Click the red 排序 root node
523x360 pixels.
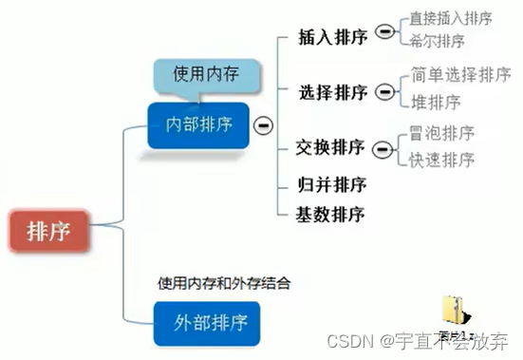coord(47,230)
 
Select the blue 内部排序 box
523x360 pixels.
coord(198,124)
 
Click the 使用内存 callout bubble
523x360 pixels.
coord(201,73)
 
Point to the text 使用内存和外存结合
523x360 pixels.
coord(224,282)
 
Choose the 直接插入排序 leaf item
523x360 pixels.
coord(450,18)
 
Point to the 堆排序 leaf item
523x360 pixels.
coord(438,102)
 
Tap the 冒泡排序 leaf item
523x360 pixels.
coord(441,134)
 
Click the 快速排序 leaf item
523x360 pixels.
coord(441,159)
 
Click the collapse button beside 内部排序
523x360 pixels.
coord(262,124)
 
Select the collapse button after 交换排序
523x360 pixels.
coord(383,148)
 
